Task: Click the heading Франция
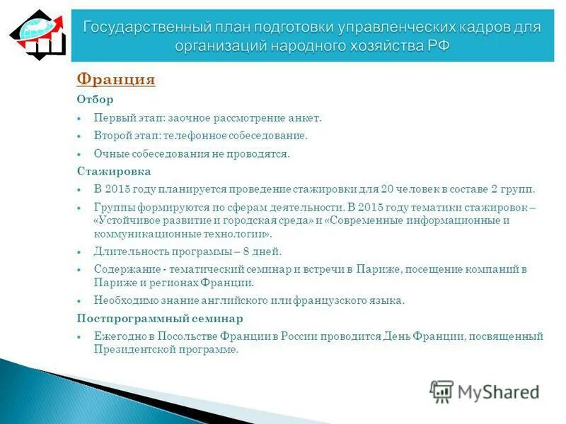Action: tap(115, 80)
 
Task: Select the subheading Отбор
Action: tap(95, 100)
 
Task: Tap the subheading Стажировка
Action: tap(113, 171)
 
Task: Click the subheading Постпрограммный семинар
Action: tap(160, 318)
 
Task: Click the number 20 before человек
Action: tap(386, 189)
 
